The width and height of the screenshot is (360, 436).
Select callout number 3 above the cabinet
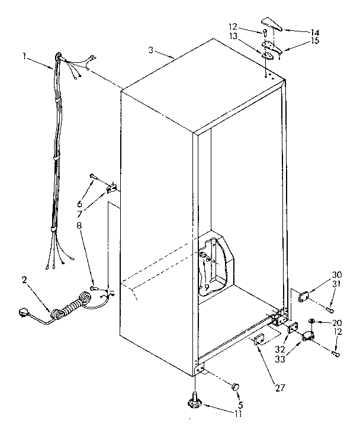pos(152,51)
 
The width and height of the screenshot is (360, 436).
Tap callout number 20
pos(337,323)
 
